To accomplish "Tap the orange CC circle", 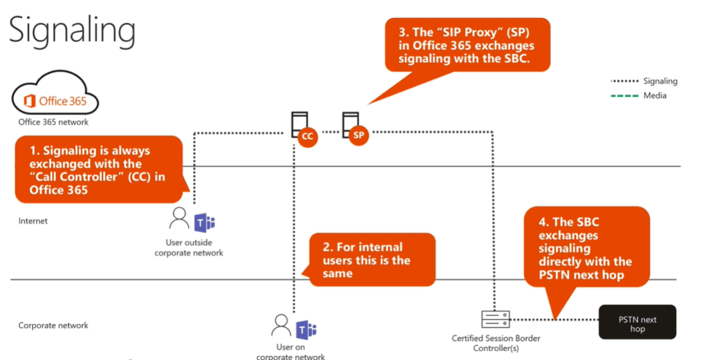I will [308, 137].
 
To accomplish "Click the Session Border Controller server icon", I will [495, 319].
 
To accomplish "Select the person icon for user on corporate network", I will [281, 325].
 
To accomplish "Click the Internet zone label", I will [33, 221].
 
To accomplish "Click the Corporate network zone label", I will [53, 325].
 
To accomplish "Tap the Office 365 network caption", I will [53, 122].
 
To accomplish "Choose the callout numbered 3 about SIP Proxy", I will [467, 45].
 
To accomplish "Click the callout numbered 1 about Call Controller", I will [97, 169].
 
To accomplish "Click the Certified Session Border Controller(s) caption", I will [496, 343].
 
